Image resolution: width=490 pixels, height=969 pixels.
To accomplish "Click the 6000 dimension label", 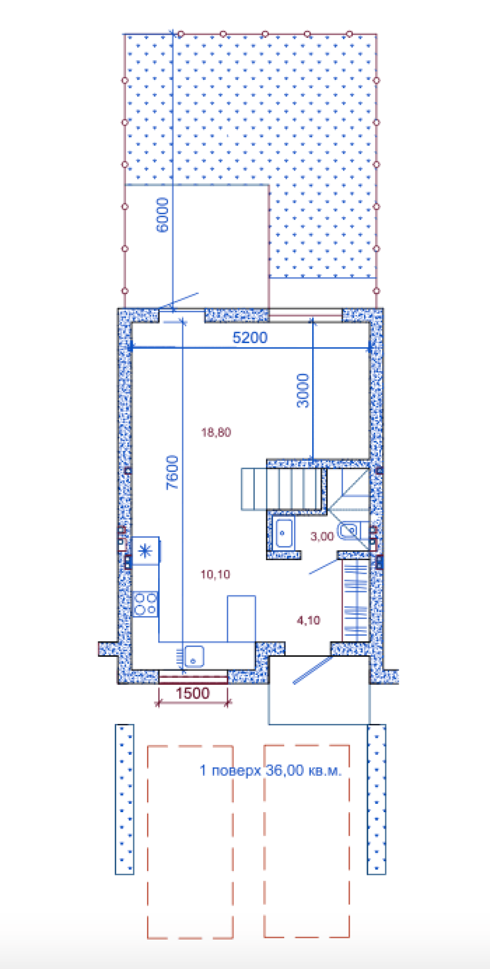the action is tap(162, 215).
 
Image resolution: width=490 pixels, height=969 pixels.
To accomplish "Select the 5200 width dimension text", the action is tap(250, 338).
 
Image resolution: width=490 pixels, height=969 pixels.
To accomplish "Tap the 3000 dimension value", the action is tap(303, 391).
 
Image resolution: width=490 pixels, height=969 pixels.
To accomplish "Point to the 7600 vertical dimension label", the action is tap(172, 472).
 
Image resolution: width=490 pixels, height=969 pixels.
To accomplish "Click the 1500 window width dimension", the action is tap(193, 693).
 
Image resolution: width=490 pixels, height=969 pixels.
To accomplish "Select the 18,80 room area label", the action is tap(216, 432).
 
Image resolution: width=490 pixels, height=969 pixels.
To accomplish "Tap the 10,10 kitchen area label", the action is tap(215, 574).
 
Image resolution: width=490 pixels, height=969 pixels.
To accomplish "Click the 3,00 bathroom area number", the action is tap(322, 536).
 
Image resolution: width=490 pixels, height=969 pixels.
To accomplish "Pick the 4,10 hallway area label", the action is tap(308, 620).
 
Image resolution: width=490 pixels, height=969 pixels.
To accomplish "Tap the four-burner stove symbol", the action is tap(146, 604).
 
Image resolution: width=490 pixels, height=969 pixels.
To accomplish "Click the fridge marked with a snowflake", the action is tap(146, 551).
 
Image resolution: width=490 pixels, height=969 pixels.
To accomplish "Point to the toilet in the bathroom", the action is tap(349, 531).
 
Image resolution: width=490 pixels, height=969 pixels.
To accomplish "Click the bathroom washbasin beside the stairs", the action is tap(284, 533).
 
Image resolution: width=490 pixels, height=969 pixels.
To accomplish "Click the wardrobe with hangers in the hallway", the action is tap(355, 599).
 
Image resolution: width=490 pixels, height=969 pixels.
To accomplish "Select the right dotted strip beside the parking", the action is tap(376, 799).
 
